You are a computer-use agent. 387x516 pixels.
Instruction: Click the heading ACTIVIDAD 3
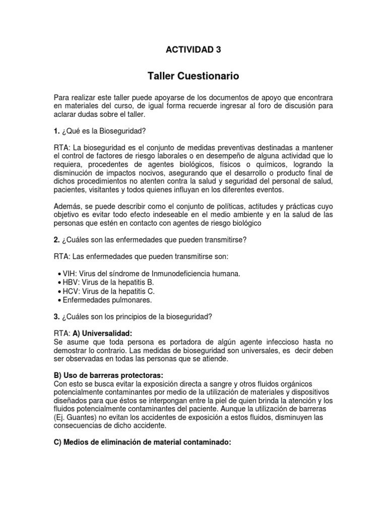pyautogui.click(x=193, y=49)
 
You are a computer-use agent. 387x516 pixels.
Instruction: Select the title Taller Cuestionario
pyautogui.click(x=193, y=77)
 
